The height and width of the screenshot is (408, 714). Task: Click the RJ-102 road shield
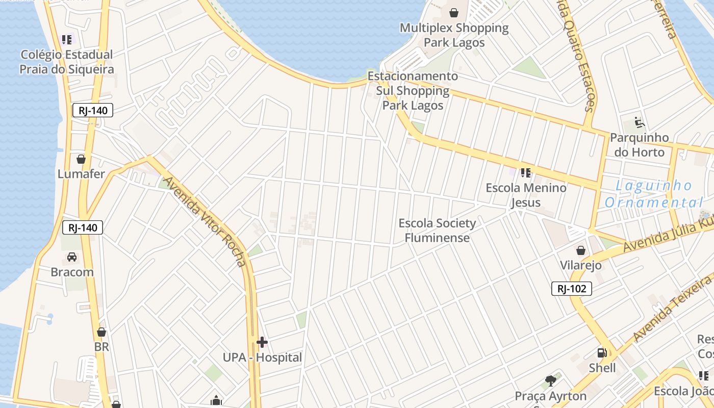point(571,289)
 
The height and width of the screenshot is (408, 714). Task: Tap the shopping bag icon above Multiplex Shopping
point(453,13)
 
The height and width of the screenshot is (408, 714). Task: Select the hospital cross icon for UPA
point(262,342)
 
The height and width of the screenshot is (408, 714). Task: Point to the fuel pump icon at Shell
point(602,352)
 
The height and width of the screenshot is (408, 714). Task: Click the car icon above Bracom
point(72,257)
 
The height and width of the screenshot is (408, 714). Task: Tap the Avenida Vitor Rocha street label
point(206,221)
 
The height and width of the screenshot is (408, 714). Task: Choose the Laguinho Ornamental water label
point(654,194)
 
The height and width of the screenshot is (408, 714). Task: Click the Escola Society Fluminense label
point(437,230)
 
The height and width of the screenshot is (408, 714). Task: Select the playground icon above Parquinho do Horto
point(639,122)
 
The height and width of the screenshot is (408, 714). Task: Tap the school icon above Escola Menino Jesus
point(526,173)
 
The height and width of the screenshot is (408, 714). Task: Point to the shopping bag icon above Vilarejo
point(580,250)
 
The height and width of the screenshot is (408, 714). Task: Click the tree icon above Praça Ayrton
point(550,380)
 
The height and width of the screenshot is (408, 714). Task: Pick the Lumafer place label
point(81,174)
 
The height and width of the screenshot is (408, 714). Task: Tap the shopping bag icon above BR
point(101,332)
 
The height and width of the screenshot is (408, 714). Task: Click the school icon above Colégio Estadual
point(67,39)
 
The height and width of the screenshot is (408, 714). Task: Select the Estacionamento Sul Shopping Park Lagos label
point(413,91)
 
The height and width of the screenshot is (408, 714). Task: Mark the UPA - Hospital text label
point(262,358)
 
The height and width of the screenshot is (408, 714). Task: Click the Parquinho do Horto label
point(639,145)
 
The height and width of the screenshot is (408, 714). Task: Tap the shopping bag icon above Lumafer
point(81,159)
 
